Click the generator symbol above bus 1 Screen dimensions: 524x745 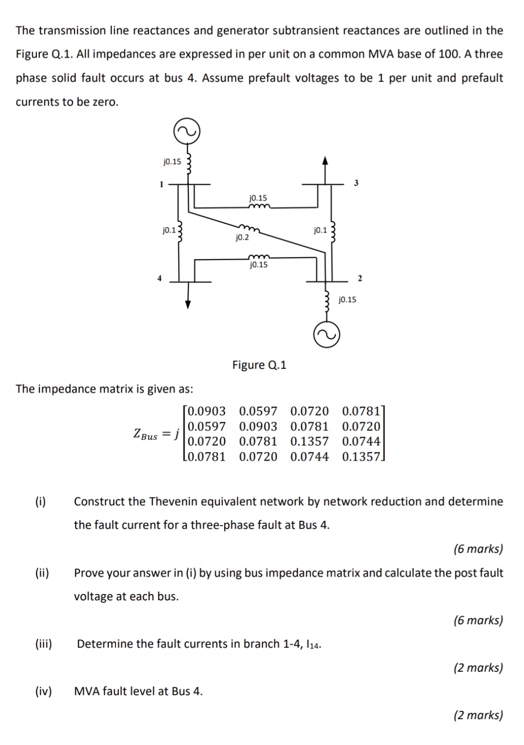pos(187,131)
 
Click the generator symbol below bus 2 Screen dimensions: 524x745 pos(326,335)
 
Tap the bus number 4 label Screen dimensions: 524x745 pos(158,278)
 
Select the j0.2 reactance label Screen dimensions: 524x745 pos(242,237)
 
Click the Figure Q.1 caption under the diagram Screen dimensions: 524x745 pos(259,365)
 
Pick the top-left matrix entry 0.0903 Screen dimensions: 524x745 pos(207,412)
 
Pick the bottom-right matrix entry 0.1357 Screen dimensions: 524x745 pos(361,457)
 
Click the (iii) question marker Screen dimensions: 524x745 pos(43,644)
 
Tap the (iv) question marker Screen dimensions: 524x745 pos(43,691)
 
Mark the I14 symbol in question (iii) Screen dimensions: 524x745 pos(313,645)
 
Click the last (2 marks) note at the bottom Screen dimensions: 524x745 pos(478,715)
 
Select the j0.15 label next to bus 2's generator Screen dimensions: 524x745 pos(347,299)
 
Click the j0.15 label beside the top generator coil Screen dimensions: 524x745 pos(172,162)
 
